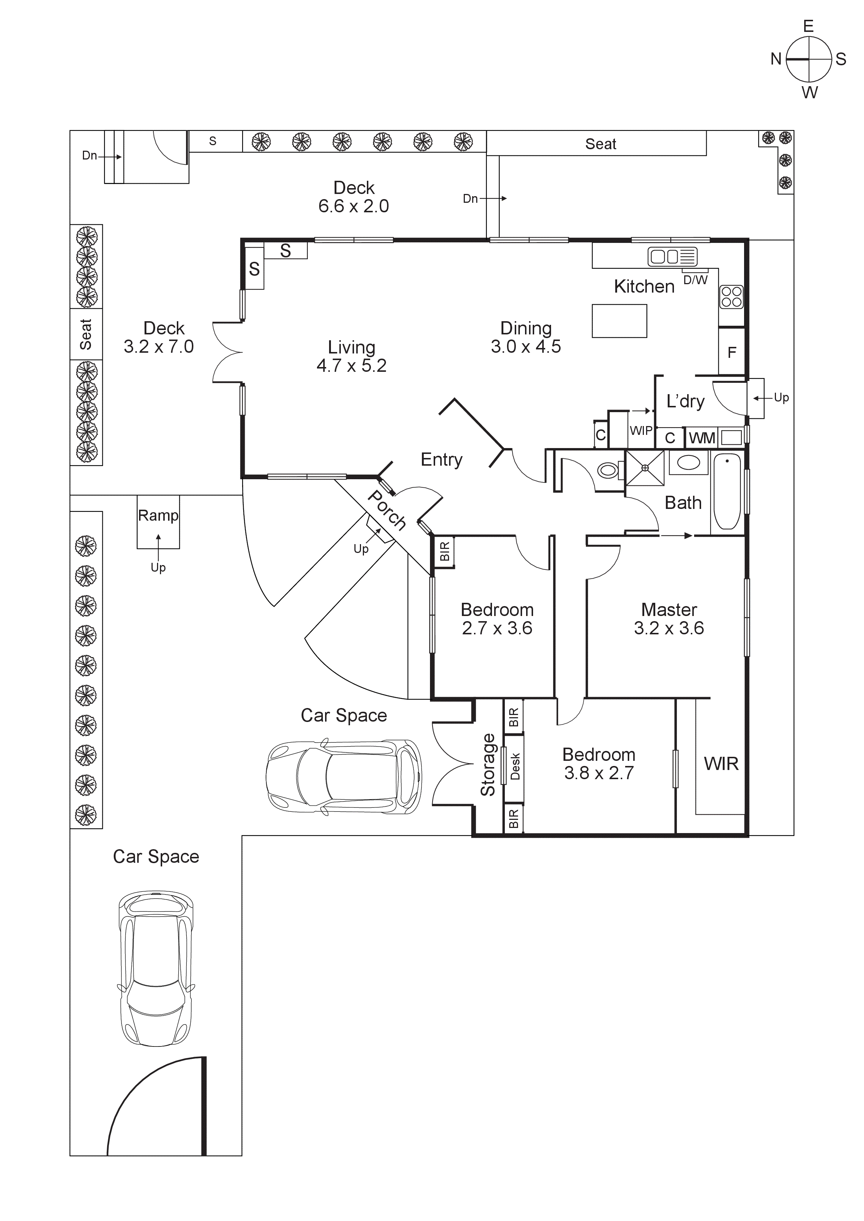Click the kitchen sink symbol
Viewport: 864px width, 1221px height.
(x=672, y=257)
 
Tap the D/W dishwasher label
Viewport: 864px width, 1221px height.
(x=695, y=280)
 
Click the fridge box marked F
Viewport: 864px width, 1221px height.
(x=732, y=352)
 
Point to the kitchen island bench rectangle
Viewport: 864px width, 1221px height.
(x=619, y=321)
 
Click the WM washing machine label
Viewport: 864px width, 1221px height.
(x=702, y=438)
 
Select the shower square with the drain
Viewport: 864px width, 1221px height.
(x=645, y=468)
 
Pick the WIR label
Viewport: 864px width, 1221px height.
(x=721, y=764)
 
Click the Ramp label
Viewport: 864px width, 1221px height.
(x=158, y=515)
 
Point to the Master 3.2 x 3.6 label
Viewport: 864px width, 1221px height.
(x=669, y=619)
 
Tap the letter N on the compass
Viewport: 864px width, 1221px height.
(x=776, y=59)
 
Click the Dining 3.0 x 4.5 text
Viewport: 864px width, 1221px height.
(x=526, y=337)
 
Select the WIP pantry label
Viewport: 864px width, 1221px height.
(x=641, y=431)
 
